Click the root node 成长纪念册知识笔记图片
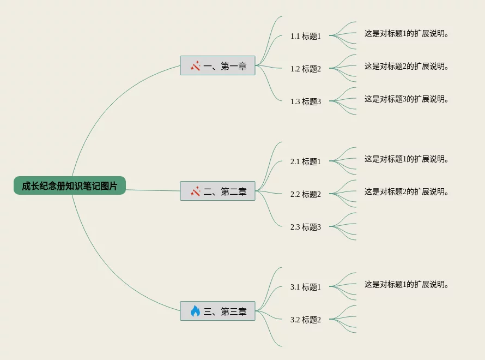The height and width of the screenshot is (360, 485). (x=70, y=186)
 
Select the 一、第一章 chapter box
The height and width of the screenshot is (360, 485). (x=217, y=66)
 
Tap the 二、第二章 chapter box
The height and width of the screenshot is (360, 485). (x=217, y=191)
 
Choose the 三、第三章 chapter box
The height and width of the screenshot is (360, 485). (x=217, y=311)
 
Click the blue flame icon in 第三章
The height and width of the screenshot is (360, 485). (x=195, y=311)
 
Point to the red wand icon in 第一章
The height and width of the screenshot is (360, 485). (x=195, y=66)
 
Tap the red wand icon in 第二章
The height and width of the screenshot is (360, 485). (x=195, y=191)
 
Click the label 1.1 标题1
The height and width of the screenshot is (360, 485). (x=306, y=36)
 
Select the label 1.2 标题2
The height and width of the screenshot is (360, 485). (x=306, y=69)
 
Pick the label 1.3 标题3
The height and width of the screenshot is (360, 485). (x=306, y=101)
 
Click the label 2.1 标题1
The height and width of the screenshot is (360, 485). (x=306, y=161)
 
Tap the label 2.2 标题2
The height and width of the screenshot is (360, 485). (x=306, y=194)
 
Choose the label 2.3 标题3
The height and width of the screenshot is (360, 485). (x=306, y=227)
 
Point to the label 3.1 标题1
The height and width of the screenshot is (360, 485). (x=306, y=287)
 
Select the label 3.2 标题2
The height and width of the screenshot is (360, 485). (x=306, y=320)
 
